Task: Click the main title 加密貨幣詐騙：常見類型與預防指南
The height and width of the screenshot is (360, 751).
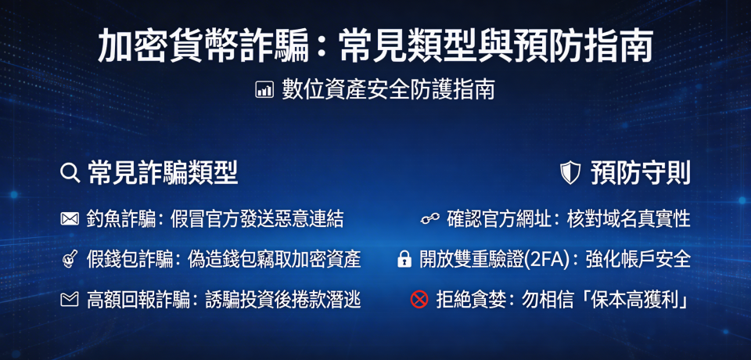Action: (x=375, y=47)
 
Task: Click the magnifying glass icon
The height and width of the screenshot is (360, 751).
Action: (x=70, y=172)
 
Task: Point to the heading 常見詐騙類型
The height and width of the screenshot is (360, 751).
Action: (x=163, y=172)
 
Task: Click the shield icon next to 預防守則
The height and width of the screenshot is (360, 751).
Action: (x=570, y=173)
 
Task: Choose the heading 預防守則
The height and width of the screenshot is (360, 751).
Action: (x=640, y=173)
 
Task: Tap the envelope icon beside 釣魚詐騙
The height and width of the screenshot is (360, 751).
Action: (x=70, y=219)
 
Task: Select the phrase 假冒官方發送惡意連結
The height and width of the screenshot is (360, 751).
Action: (x=257, y=219)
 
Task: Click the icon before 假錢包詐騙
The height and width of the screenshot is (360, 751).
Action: (x=70, y=259)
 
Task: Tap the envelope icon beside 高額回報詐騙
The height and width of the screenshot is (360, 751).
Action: (x=70, y=299)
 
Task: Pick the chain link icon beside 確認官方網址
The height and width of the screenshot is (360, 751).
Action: (x=429, y=219)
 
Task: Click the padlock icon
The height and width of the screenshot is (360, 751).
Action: (x=404, y=259)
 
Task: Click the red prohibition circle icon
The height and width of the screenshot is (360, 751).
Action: (x=419, y=299)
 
